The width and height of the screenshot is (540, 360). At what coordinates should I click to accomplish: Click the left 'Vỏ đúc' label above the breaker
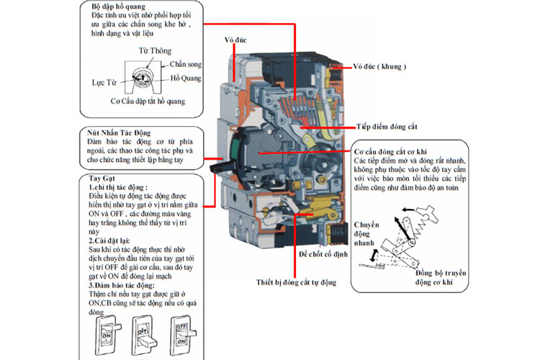click(x=235, y=40)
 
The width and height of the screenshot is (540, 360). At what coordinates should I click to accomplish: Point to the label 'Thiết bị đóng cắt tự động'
click(x=296, y=282)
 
